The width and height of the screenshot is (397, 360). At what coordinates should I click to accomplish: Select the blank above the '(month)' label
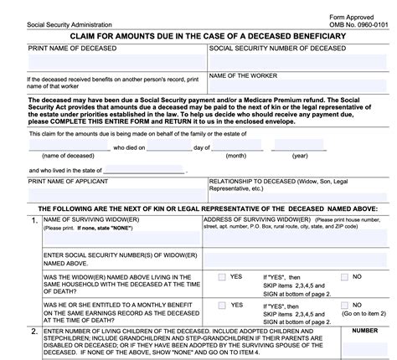coord(235,147)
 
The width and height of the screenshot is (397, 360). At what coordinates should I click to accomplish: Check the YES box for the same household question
coord(221,277)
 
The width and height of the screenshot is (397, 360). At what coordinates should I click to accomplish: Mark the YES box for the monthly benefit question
coord(221,306)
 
